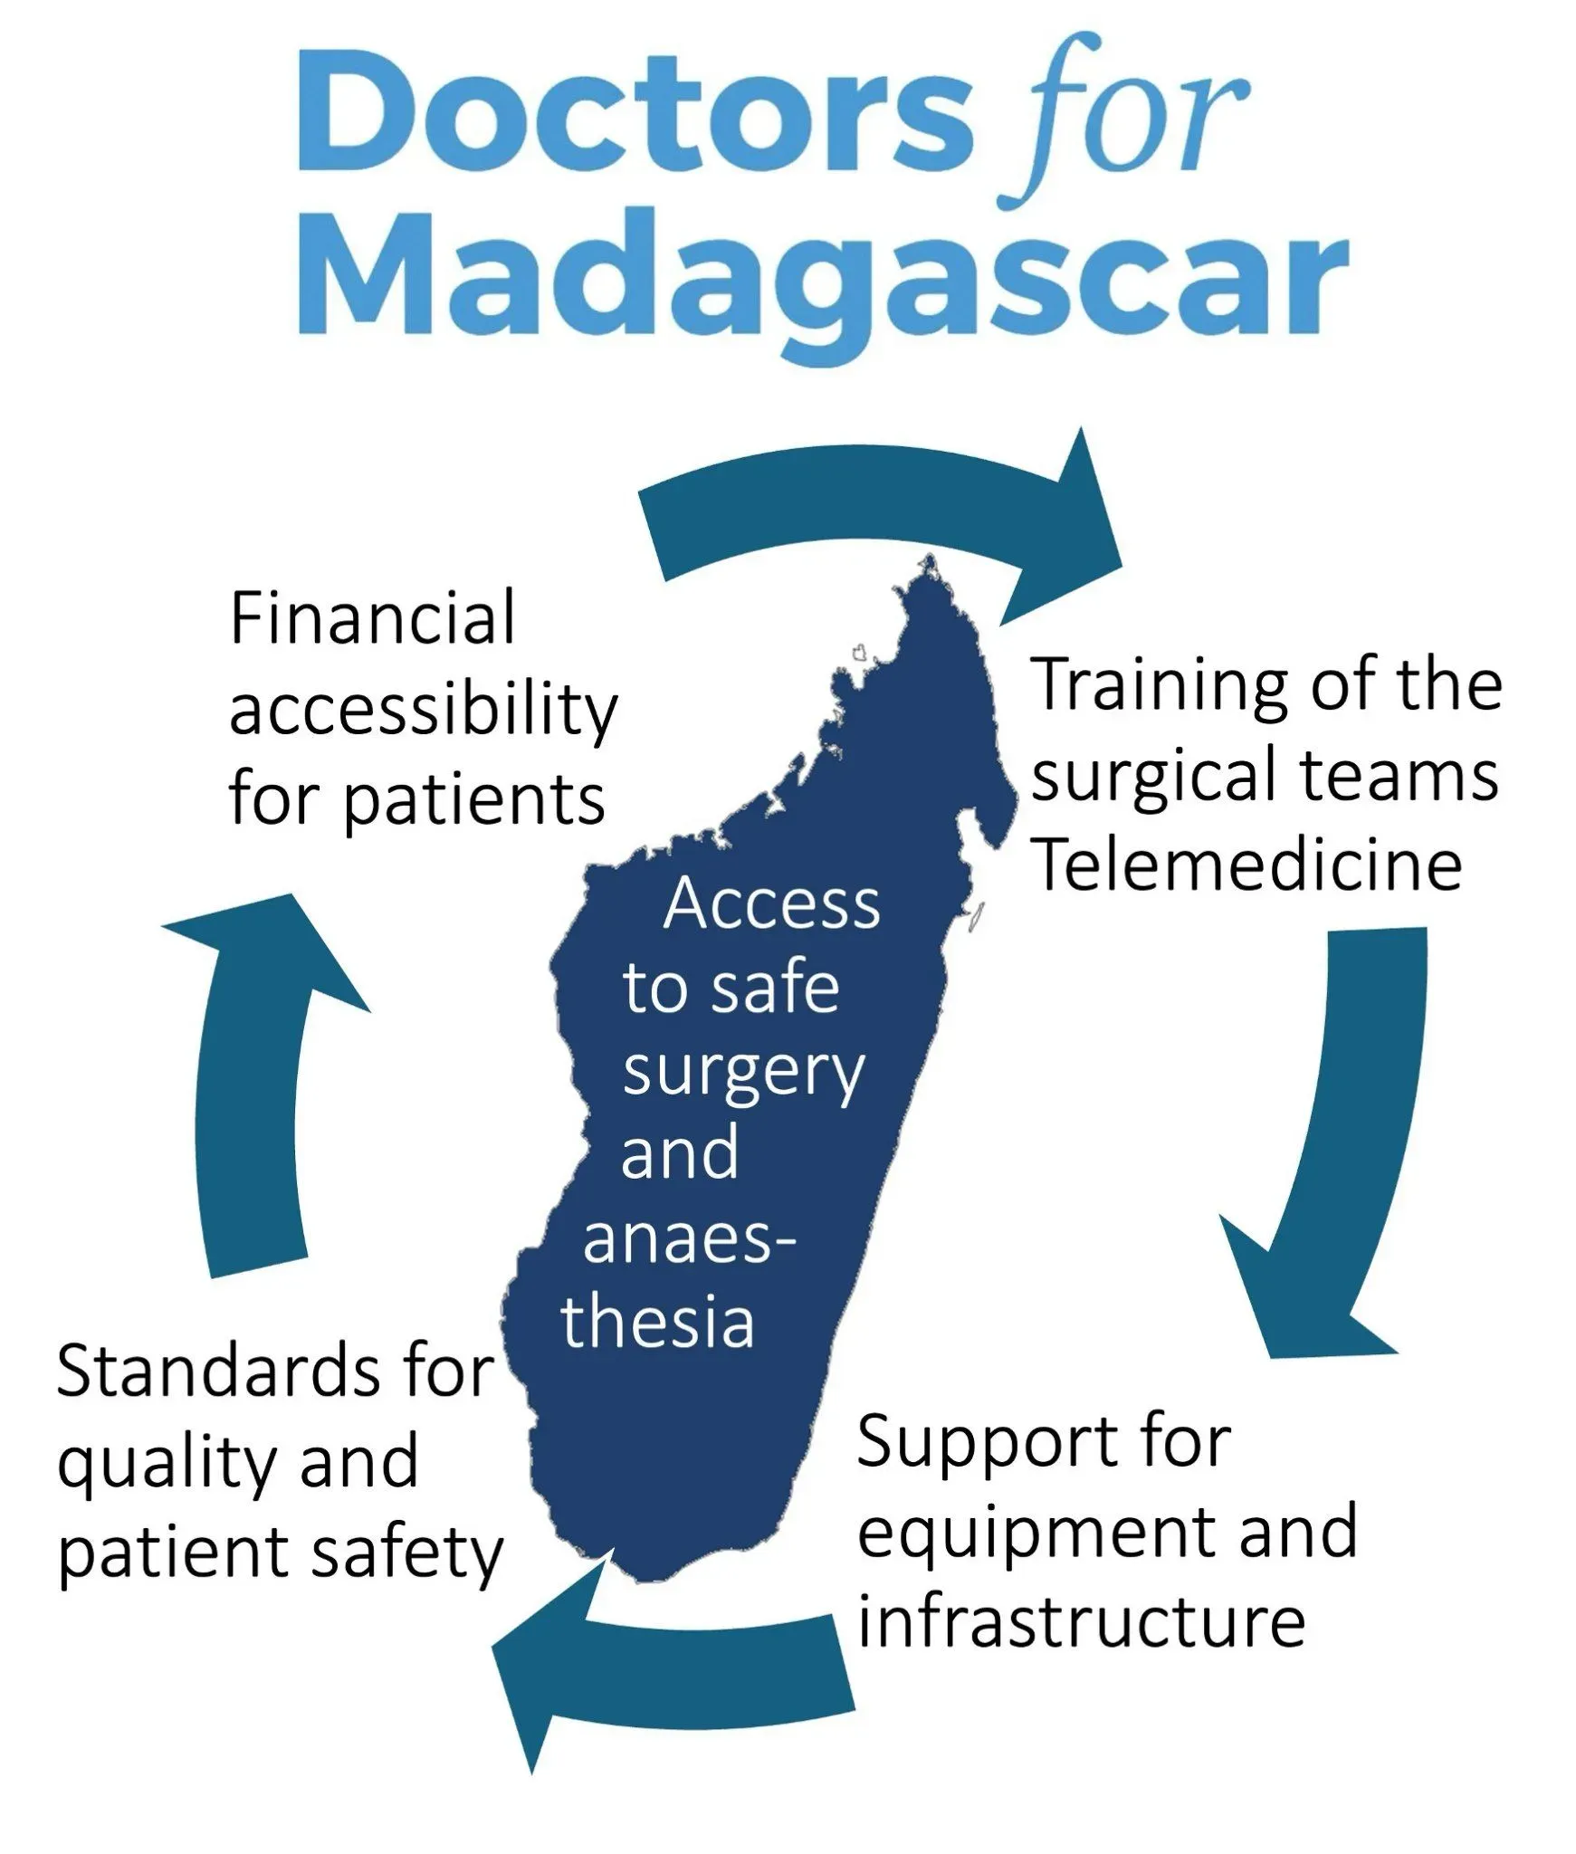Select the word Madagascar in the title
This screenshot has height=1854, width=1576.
pyautogui.click(x=823, y=280)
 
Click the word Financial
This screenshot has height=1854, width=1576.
pyautogui.click(x=372, y=617)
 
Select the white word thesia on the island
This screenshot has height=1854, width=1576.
pyautogui.click(x=657, y=1319)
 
